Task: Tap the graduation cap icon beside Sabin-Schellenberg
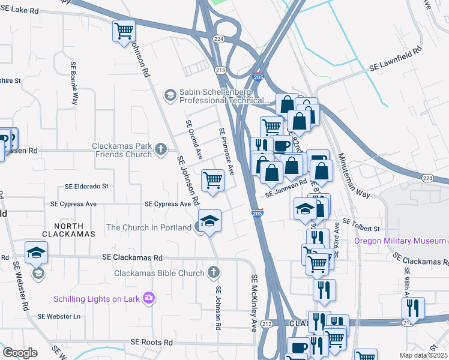pyautogui.click(x=170, y=95)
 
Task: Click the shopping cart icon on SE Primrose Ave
pyautogui.click(x=212, y=180)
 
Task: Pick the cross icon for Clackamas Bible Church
pyautogui.click(x=212, y=273)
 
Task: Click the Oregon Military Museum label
pyautogui.click(x=400, y=241)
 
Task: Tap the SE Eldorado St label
pyautogui.click(x=87, y=187)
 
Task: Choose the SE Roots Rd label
pyautogui.click(x=151, y=342)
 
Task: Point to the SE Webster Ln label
pyautogui.click(x=59, y=316)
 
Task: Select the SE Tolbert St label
pyautogui.click(x=361, y=229)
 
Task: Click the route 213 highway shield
pyautogui.click(x=220, y=70)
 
